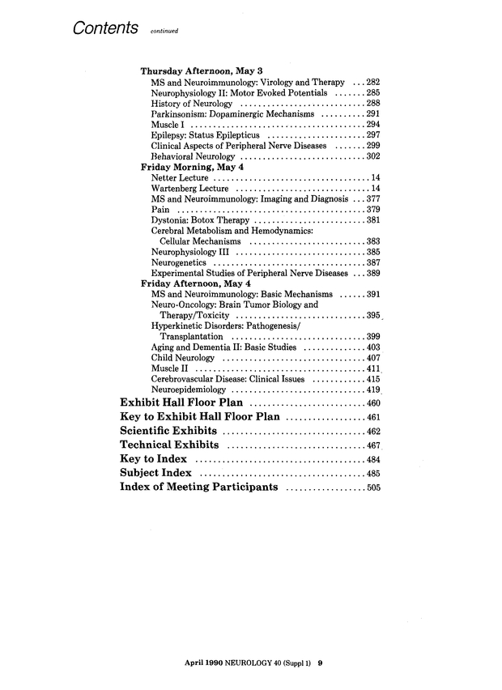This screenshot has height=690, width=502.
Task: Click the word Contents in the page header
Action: (x=103, y=27)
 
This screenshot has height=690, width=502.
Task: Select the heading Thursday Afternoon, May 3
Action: (x=199, y=70)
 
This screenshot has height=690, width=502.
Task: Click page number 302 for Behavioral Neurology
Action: (x=373, y=156)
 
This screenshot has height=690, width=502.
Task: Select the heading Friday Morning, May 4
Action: (x=192, y=167)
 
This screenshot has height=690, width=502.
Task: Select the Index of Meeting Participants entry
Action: (x=199, y=488)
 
